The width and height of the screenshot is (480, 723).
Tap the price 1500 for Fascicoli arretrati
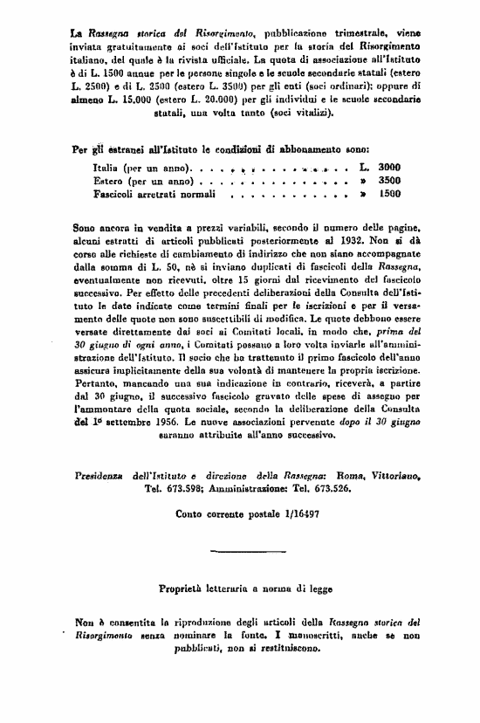point(389,194)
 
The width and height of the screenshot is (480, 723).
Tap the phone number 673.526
point(328,489)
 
